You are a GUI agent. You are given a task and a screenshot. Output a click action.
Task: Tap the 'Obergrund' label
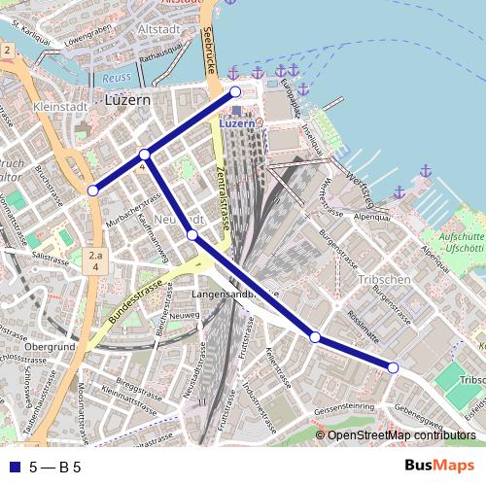coord(51,347)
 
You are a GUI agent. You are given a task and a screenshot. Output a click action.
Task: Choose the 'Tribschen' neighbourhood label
coord(385,279)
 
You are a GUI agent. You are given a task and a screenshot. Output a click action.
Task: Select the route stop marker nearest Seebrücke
coord(235,92)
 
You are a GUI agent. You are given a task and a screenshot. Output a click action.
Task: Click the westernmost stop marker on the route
coord(92,191)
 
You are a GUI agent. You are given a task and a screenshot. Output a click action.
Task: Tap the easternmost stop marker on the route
coord(393,367)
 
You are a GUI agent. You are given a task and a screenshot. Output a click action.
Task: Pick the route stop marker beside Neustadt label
coord(192,235)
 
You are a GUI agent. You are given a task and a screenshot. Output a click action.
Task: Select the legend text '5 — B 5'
coord(54,467)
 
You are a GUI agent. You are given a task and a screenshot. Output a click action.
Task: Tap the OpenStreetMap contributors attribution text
coord(401,435)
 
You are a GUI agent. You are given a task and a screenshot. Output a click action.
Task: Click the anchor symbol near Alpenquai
coord(425,171)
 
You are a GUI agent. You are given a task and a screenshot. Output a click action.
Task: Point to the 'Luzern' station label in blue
coord(236,123)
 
